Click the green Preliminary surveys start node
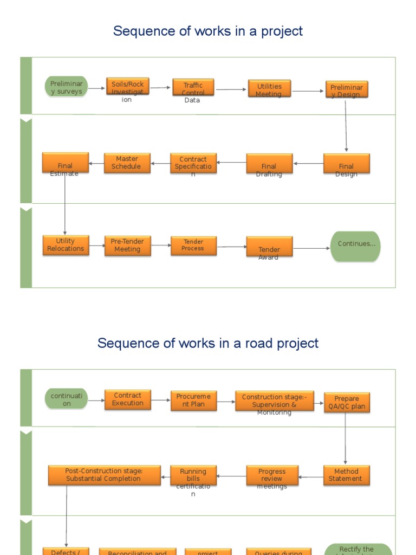pos(66,87)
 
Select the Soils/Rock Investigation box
pos(127,87)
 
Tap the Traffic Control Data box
pos(193,87)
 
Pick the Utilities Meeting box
pos(269,89)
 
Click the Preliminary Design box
pos(347,89)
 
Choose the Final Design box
pos(347,164)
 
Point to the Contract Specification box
pos(193,163)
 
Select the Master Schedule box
pos(127,162)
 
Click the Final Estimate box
pos(65,163)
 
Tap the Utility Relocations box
pos(66,245)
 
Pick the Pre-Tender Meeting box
pos(127,246)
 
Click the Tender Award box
pos(269,247)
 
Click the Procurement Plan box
pos(193,401)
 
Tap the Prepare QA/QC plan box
pos(347,403)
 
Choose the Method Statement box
pos(347,475)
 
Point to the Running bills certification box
pos(193,475)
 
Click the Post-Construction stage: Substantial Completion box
pos(104,475)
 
